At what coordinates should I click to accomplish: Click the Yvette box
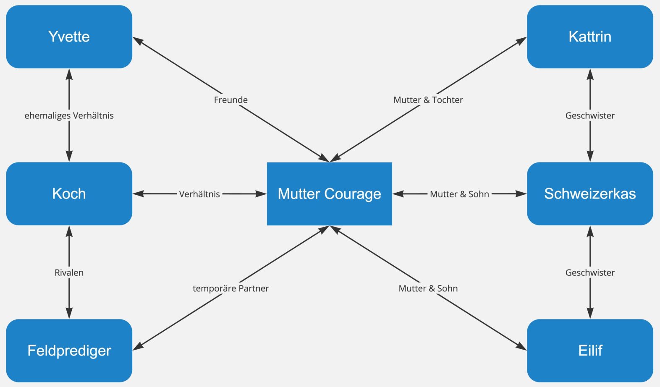[x=69, y=37]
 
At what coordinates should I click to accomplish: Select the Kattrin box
[x=590, y=37]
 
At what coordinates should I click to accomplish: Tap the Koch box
[x=69, y=193]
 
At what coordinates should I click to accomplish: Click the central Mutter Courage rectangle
[x=330, y=193]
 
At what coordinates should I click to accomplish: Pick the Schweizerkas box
[x=590, y=193]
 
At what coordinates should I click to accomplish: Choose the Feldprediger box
[x=69, y=350]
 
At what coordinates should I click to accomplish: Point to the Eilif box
[x=590, y=350]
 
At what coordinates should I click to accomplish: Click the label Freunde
[x=230, y=100]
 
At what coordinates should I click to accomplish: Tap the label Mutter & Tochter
[x=428, y=100]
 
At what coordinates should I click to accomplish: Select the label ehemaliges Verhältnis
[x=69, y=115]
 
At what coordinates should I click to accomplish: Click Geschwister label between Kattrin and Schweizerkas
[x=590, y=115]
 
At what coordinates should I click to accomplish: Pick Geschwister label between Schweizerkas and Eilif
[x=590, y=272]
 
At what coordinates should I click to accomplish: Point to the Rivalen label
[x=69, y=272]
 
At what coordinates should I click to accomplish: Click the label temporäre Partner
[x=230, y=288]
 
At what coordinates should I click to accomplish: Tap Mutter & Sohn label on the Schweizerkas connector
[x=459, y=194]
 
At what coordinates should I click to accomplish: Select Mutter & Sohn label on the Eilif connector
[x=428, y=288]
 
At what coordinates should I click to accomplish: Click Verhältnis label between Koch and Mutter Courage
[x=199, y=194]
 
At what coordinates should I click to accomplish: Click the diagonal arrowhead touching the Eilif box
[x=521, y=347]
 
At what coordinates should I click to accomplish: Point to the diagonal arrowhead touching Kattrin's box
[x=521, y=40]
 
